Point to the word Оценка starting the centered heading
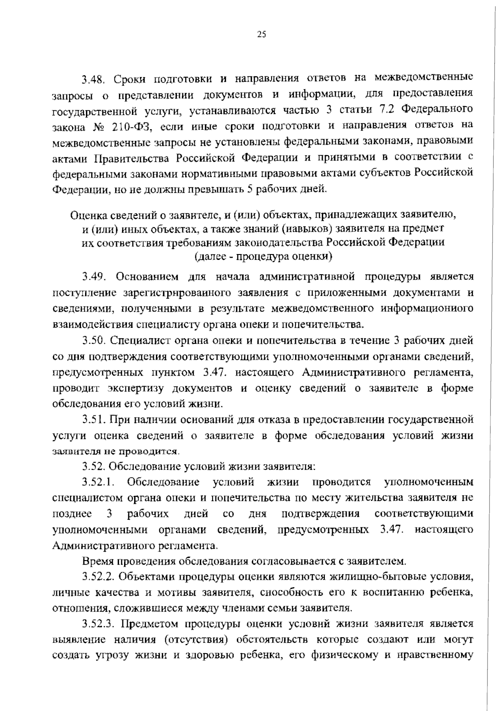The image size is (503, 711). click(88, 215)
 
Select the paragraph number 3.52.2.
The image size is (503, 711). click(99, 577)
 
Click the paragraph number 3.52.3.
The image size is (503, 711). click(99, 624)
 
